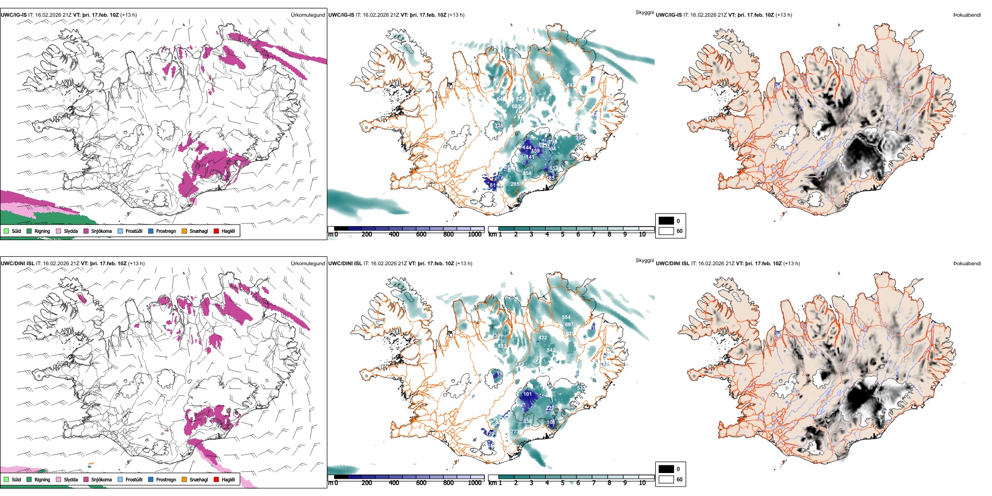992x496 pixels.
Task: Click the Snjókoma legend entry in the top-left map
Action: tap(101, 231)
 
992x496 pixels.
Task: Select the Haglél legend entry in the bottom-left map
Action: tap(228, 479)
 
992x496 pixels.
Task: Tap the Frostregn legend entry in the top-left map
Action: tap(166, 231)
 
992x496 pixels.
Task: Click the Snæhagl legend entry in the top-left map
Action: tap(198, 231)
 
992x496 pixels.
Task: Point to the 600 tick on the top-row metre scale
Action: tap(421, 234)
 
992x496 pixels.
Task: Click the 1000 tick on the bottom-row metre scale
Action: tap(475, 483)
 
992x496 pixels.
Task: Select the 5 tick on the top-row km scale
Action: tap(563, 234)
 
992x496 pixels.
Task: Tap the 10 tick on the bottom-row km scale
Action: tap(642, 483)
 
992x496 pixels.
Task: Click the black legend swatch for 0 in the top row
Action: tap(666, 220)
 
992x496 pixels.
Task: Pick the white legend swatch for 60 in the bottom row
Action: tap(666, 479)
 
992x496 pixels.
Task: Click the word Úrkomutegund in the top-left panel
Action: tap(308, 15)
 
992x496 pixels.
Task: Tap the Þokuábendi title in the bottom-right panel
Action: tap(967, 263)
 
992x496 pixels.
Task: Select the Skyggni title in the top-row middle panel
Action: tap(645, 12)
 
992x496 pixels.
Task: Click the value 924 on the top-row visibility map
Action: tap(519, 99)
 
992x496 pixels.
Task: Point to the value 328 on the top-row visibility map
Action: tap(499, 125)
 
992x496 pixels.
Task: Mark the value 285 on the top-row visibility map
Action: tap(515, 184)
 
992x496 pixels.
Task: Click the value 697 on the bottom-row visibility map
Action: tap(569, 324)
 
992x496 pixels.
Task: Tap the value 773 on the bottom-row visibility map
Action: tap(515, 432)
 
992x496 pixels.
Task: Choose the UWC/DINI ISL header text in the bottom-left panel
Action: tap(17, 263)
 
